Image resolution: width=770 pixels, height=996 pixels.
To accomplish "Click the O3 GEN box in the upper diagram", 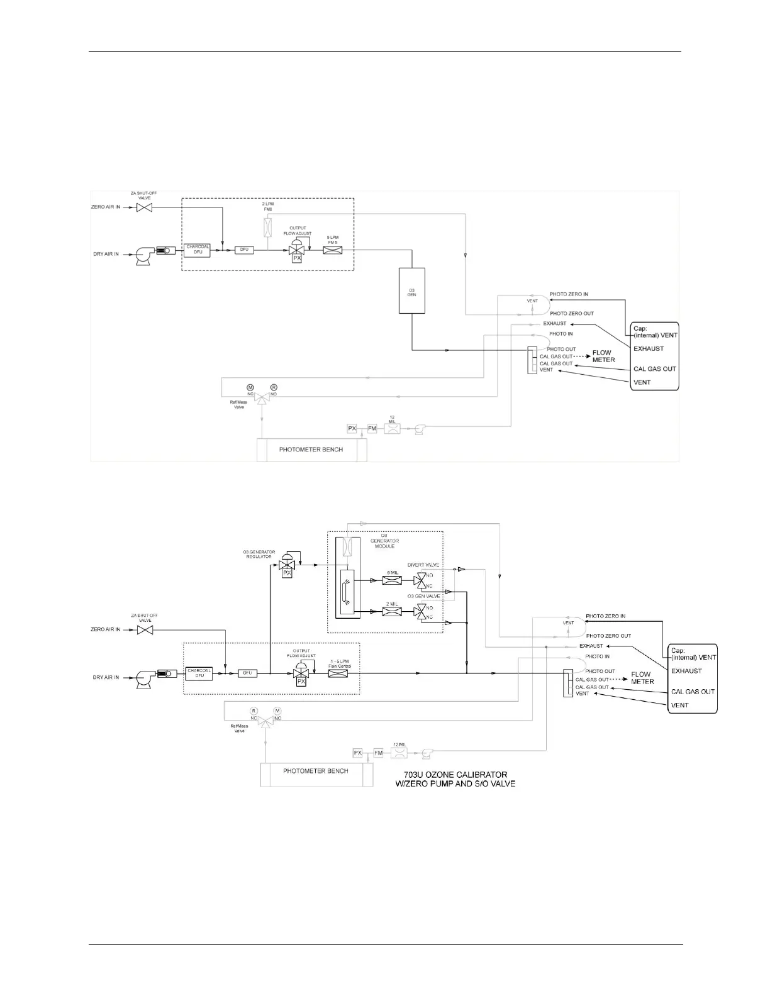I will pos(411,290).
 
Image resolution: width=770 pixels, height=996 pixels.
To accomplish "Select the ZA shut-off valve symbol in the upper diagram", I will pos(145,207).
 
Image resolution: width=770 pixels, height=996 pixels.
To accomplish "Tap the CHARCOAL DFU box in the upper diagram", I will pos(198,250).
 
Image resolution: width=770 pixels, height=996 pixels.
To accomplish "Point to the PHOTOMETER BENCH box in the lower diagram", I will pos(315,771).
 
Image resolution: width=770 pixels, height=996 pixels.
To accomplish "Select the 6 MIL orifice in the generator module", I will pos(392,580).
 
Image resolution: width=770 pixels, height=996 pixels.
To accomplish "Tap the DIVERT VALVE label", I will pos(423,565).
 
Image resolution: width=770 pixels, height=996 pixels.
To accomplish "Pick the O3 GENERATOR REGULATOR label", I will pos(259,554).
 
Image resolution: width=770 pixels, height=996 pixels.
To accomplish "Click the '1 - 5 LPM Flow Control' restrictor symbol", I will pos(338,673).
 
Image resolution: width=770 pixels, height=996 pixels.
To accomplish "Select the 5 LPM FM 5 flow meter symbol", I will pos(332,250).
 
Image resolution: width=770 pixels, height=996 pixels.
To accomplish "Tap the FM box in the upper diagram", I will pos(372,428).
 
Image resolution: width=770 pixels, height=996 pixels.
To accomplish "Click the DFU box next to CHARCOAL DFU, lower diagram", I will pos(248,673).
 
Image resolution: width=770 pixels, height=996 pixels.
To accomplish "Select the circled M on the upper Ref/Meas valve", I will pos(250,387).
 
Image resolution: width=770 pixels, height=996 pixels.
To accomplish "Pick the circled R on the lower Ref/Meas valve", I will pos(254,711).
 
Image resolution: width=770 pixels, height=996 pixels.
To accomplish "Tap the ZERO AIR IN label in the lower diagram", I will pos(105,629).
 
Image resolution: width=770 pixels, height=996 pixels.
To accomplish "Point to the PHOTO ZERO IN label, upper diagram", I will pos(569,294).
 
